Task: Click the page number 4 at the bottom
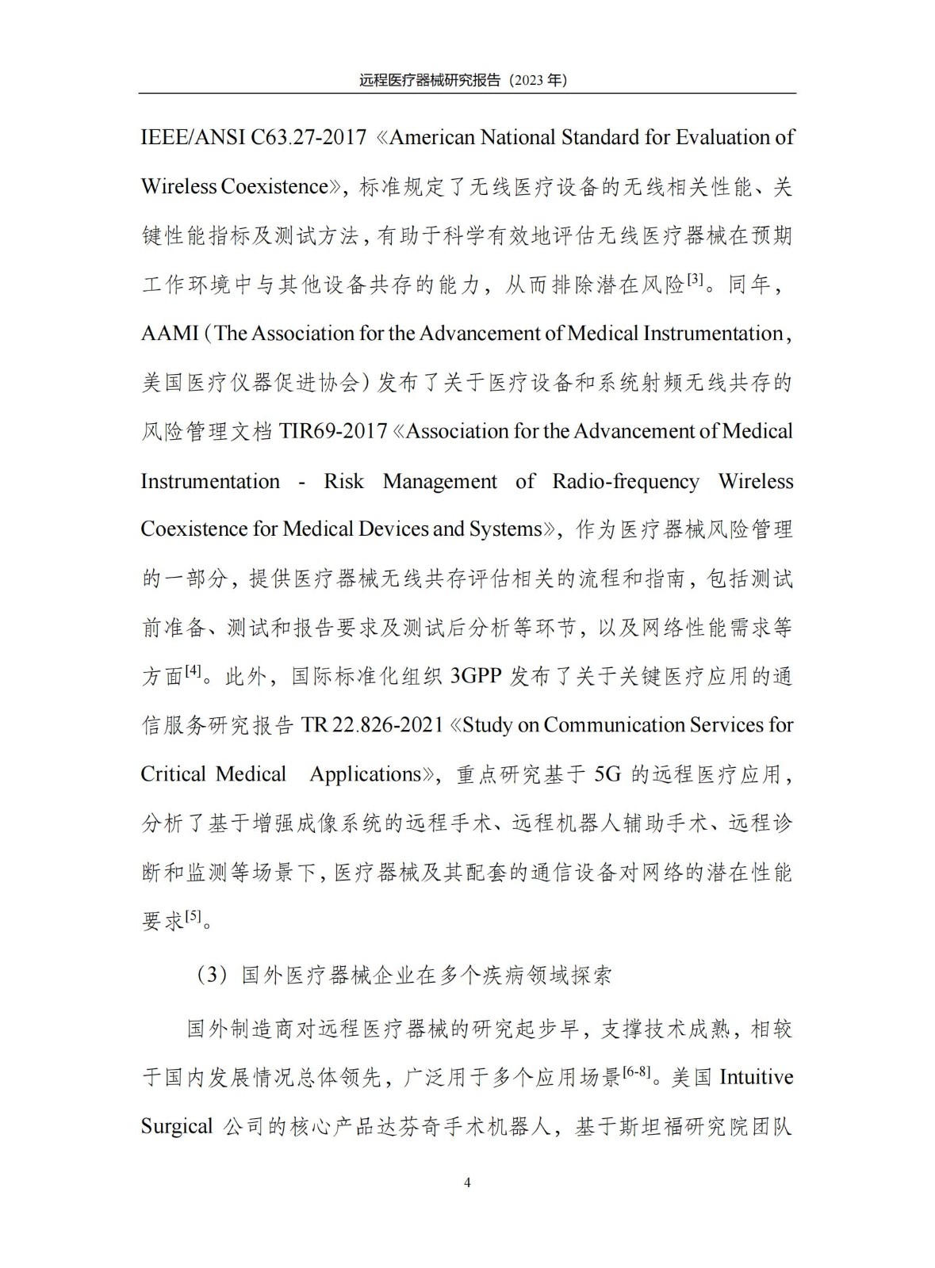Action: (467, 1183)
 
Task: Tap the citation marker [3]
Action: (696, 279)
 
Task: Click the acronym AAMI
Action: (170, 334)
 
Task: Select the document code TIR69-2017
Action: (333, 432)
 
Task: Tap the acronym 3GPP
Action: (477, 677)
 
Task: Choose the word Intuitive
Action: (756, 1078)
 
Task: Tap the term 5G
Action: (607, 774)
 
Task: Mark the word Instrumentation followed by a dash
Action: (210, 481)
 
